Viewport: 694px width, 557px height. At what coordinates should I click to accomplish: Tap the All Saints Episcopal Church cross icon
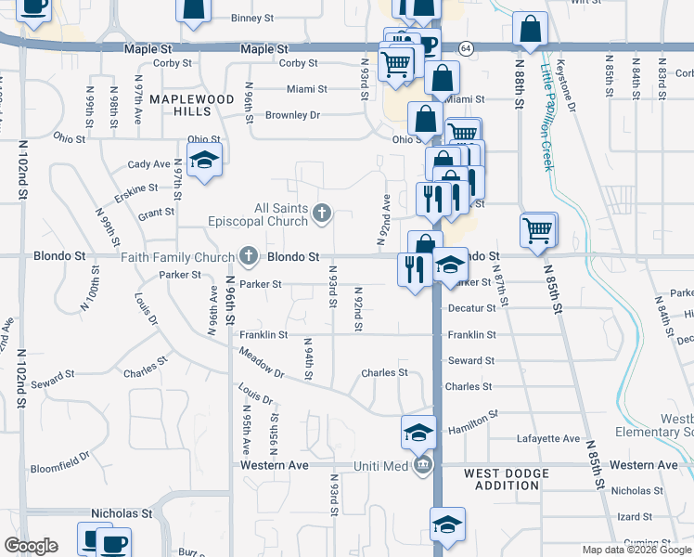(322, 214)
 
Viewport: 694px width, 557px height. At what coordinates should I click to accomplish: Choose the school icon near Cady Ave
(204, 159)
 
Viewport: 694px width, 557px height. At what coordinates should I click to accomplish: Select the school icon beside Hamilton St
(418, 431)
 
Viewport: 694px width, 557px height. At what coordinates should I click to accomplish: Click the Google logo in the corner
(31, 546)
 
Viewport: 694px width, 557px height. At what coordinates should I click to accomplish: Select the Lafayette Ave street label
(554, 439)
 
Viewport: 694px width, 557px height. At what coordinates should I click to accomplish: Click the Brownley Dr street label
(292, 115)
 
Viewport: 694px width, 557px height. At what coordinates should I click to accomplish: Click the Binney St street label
(252, 18)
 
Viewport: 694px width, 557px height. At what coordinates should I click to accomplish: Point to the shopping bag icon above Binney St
(193, 9)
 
